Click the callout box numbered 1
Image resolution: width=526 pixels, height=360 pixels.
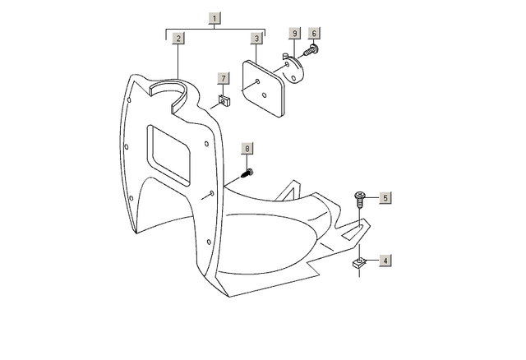[x=215, y=18]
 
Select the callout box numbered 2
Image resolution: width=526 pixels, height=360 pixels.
[x=178, y=39]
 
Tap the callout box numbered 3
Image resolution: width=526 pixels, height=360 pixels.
[x=256, y=39]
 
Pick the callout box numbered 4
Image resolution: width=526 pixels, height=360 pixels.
[x=385, y=261]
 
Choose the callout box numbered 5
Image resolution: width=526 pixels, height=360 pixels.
[x=385, y=198]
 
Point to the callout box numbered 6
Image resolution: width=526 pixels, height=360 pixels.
[x=314, y=33]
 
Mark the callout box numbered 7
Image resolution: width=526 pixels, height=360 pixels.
[x=224, y=79]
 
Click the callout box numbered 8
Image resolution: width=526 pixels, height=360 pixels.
[x=247, y=149]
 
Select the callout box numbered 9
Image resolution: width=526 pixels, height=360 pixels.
[x=295, y=33]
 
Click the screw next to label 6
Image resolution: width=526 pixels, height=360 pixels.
[x=311, y=50]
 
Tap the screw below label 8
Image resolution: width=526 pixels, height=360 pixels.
[x=247, y=173]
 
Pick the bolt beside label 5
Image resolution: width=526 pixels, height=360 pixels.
[x=360, y=199]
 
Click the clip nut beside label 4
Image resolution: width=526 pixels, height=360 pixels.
[x=359, y=263]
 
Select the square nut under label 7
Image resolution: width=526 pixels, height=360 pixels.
[x=224, y=100]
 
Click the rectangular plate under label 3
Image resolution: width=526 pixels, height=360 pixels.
[x=264, y=89]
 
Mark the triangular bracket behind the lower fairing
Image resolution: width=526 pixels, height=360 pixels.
[x=289, y=192]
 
